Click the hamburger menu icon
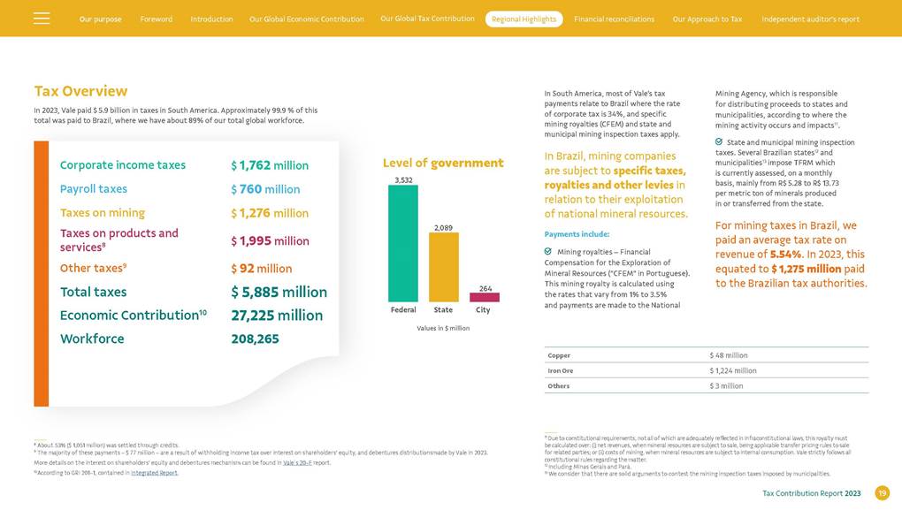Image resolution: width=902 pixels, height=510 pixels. point(42,19)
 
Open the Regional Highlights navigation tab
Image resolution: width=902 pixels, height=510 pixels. point(524,19)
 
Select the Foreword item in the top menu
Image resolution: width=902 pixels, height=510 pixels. point(157,19)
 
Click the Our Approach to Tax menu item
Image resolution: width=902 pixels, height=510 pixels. point(707,19)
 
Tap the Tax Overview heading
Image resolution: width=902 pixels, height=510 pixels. point(80,91)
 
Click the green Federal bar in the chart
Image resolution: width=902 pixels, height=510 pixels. point(402,244)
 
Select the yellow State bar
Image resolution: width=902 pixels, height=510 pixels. point(443,268)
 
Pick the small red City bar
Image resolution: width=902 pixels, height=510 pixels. point(485,298)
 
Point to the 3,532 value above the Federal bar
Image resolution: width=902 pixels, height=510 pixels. point(402,179)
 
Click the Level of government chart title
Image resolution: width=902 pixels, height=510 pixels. point(442,163)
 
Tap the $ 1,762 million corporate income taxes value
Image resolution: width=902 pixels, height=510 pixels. point(270,165)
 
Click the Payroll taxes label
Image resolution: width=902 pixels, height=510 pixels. point(94,189)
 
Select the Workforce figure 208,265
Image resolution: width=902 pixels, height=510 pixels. point(255,339)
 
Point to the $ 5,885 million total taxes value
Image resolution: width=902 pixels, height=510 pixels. point(279,292)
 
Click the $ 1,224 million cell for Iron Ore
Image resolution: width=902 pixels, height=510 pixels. point(732,370)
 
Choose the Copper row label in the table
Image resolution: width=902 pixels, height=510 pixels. point(559,355)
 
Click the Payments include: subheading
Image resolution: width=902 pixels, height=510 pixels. point(577,234)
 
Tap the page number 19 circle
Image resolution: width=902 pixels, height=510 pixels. point(882,493)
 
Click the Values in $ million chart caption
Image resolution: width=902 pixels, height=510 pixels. point(443,328)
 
